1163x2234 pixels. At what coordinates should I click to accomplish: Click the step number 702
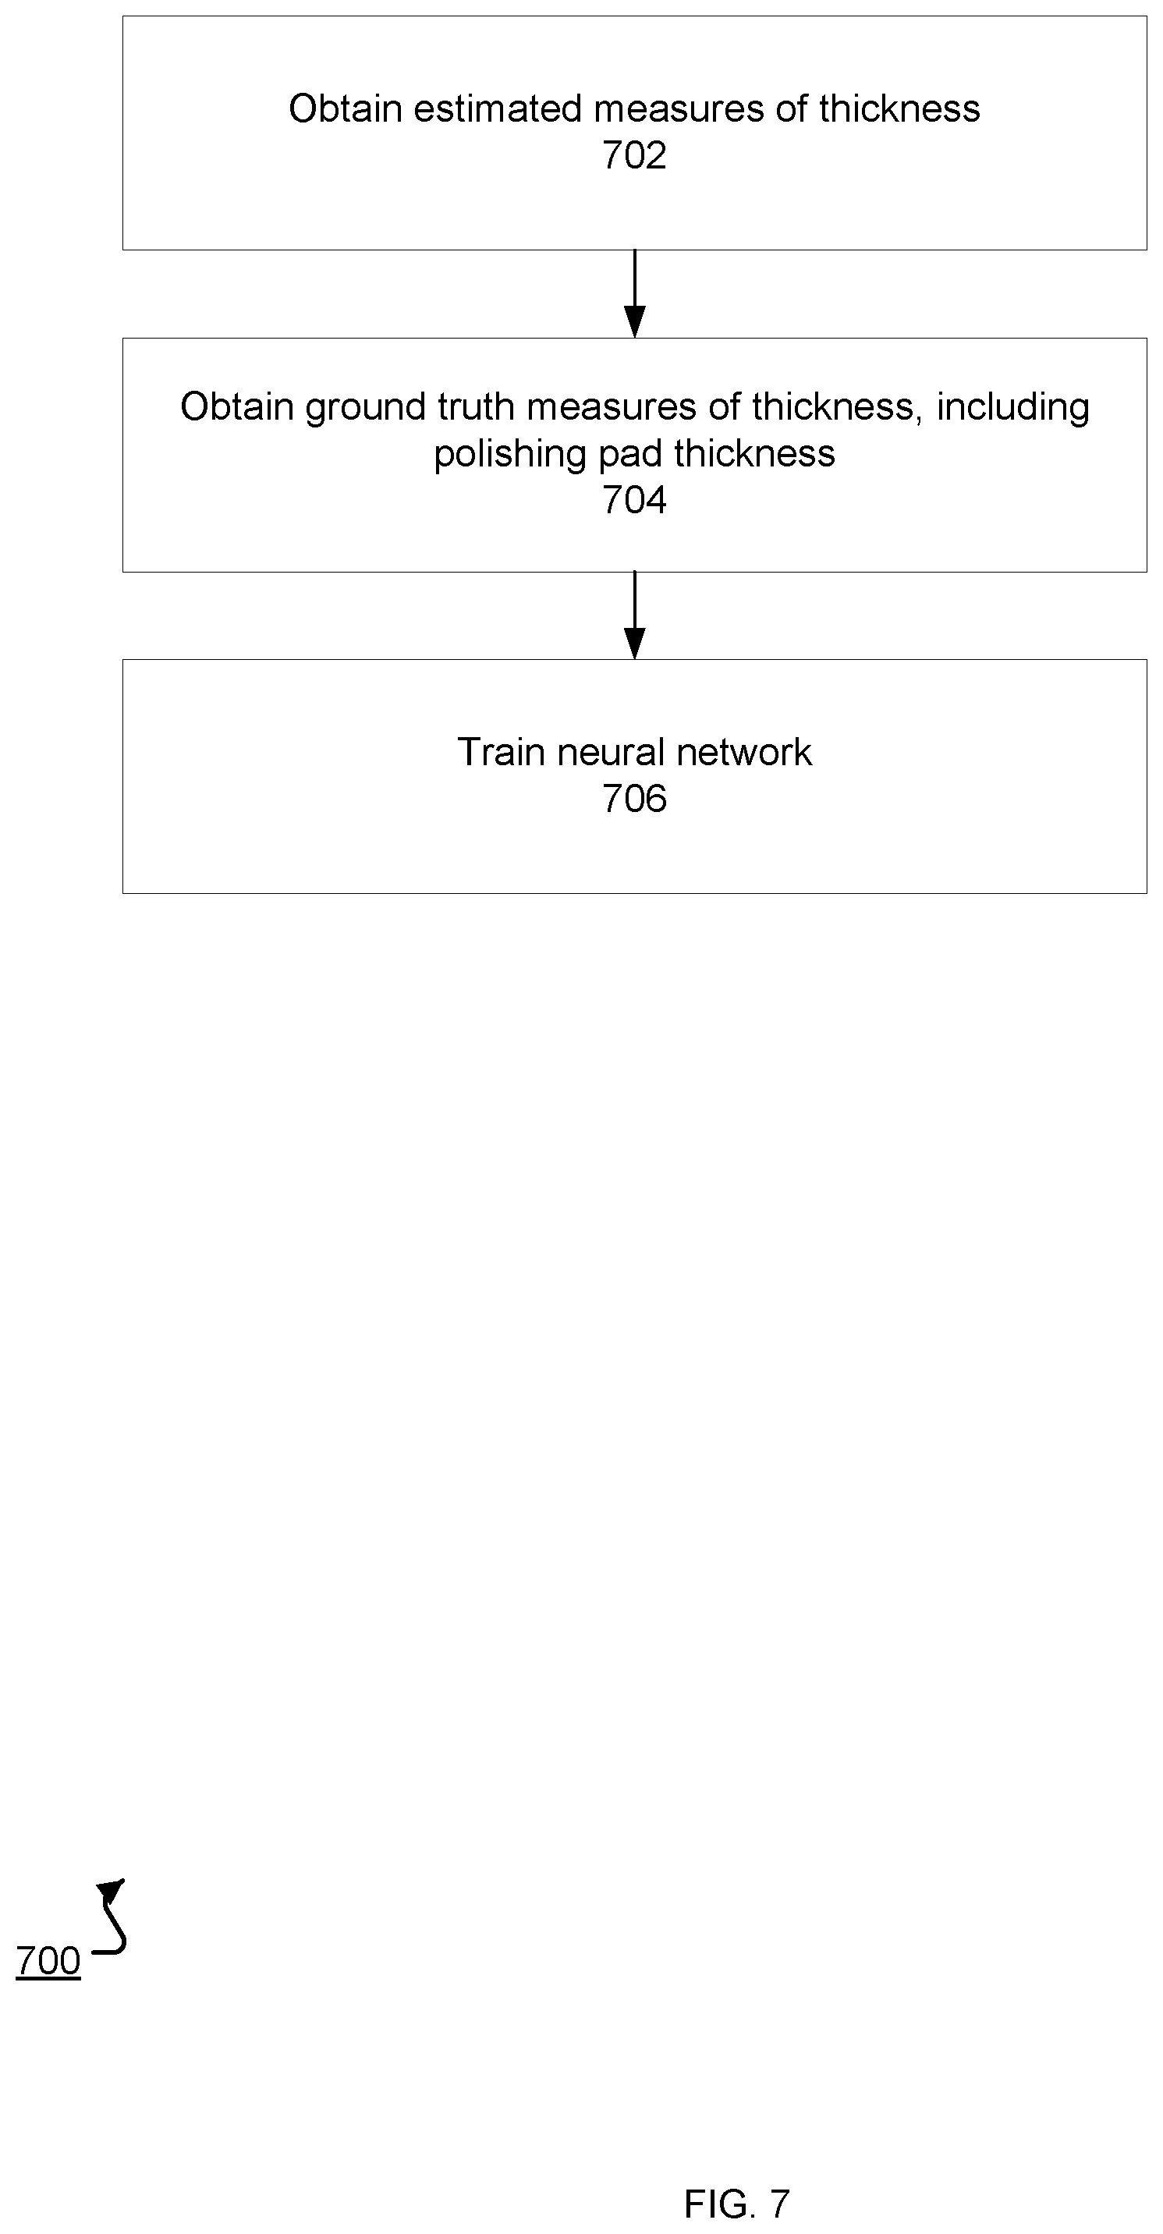point(634,156)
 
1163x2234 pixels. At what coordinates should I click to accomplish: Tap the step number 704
point(634,501)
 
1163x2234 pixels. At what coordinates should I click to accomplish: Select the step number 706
point(634,799)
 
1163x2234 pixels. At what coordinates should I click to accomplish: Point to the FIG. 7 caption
point(737,2204)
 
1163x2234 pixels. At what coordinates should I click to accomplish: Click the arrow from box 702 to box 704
point(635,293)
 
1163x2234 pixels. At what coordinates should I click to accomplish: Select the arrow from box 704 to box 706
point(635,615)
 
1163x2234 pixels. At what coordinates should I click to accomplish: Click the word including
point(1013,408)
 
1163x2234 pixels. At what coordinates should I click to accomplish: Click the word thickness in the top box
point(899,109)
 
